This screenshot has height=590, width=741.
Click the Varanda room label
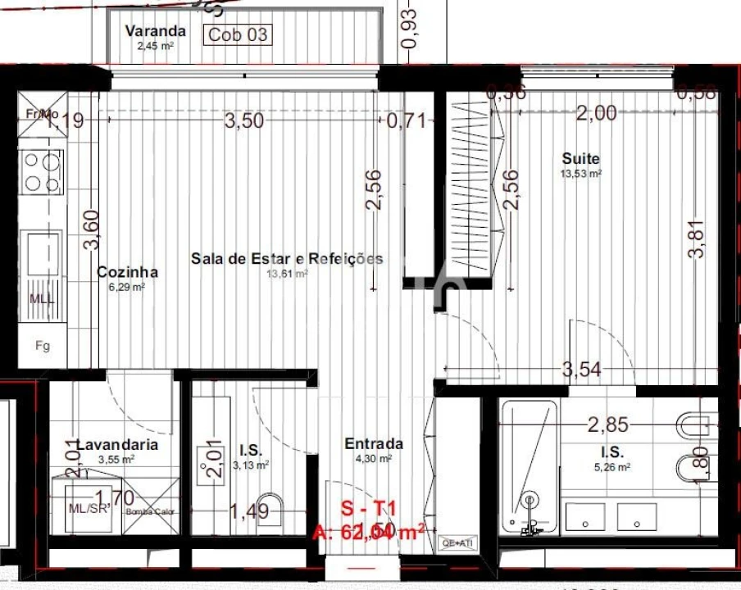(155, 31)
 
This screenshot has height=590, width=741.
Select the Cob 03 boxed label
(238, 34)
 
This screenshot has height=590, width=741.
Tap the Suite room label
(580, 158)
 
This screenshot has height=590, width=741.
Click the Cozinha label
(127, 272)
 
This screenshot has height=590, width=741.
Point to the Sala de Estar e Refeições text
(287, 258)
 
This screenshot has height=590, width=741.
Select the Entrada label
(373, 443)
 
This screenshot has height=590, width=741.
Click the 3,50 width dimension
(244, 121)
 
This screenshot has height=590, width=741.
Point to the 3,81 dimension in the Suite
(697, 241)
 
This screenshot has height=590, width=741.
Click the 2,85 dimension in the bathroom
(607, 424)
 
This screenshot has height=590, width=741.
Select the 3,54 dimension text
(581, 370)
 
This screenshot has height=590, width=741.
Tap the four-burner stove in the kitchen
(42, 172)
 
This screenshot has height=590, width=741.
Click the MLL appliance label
(42, 298)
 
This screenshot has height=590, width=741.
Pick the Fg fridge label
(42, 346)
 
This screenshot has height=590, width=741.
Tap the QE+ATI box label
(457, 542)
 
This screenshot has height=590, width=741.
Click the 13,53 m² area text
(580, 174)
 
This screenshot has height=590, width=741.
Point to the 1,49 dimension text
(248, 511)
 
